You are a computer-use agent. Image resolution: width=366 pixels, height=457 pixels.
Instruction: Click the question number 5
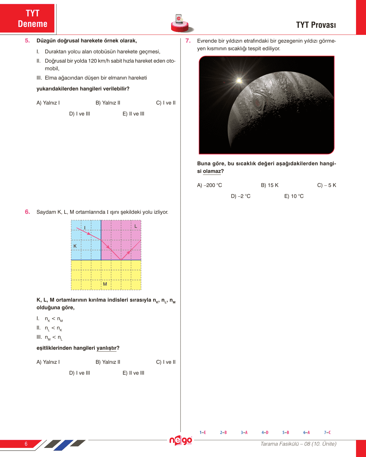click(27, 41)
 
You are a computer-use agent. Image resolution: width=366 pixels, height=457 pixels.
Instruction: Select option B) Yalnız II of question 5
click(108, 103)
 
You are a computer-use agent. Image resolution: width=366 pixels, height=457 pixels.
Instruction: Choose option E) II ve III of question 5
click(133, 114)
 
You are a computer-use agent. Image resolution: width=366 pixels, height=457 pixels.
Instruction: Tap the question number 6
click(27, 212)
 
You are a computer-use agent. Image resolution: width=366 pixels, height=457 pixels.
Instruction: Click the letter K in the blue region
click(75, 246)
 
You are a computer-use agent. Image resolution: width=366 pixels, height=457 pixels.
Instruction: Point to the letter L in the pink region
click(136, 226)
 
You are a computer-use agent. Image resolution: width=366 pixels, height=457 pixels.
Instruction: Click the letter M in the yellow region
click(105, 284)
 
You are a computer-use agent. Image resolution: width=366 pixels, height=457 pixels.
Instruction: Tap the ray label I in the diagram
click(85, 228)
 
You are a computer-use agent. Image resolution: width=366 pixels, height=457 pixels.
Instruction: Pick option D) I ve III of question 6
click(80, 373)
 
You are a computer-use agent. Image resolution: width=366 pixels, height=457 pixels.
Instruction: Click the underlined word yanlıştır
click(107, 348)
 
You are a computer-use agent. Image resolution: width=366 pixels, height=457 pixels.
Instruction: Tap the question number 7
click(188, 41)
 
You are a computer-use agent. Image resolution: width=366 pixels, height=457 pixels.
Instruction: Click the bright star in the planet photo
click(239, 80)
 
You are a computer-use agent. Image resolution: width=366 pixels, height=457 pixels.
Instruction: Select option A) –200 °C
click(209, 185)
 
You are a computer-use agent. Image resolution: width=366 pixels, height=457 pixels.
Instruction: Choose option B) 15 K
click(269, 185)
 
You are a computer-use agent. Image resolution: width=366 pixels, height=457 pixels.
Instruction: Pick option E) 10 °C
click(294, 196)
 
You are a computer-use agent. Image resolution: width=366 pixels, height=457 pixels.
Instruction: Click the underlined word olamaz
click(212, 171)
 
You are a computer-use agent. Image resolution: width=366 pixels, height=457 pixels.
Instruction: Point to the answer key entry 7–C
click(327, 432)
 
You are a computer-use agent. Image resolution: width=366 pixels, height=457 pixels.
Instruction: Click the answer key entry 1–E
click(203, 432)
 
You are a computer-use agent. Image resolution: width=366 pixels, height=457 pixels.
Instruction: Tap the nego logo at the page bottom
click(181, 440)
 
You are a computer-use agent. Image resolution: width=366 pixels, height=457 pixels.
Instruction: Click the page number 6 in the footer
click(26, 444)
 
